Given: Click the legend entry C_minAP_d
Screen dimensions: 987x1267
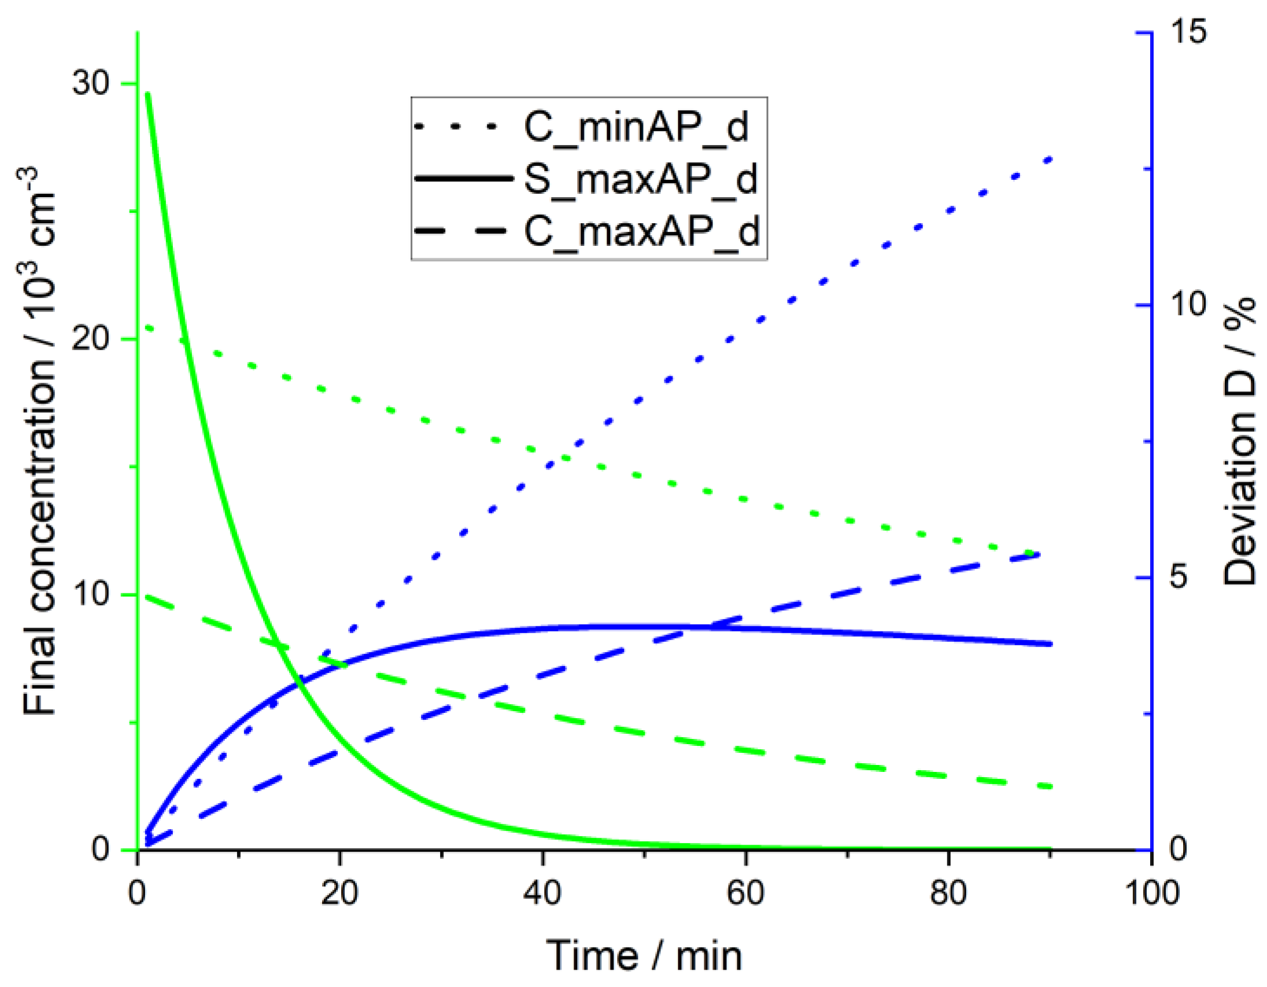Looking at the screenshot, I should point(636,127).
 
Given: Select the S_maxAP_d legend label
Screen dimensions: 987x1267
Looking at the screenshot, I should point(641,179).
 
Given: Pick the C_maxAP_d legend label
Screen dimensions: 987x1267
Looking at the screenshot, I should point(642,231).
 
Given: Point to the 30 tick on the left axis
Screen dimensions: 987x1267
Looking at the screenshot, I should point(91,83).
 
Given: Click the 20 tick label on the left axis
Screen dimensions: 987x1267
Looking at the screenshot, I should point(91,339).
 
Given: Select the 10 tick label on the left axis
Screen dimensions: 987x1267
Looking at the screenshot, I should point(91,594).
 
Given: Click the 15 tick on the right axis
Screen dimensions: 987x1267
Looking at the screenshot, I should point(1187,31).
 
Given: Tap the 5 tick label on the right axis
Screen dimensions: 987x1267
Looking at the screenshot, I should point(1179,578).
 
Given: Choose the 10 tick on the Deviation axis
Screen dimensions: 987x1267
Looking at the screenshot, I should point(1187,305).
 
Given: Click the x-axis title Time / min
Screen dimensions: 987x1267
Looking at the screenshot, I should point(644,956).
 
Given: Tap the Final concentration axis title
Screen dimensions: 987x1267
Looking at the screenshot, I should point(39,441).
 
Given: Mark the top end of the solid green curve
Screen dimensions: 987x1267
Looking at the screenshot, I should point(148,94).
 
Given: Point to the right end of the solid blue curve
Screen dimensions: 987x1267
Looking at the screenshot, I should point(1050,644).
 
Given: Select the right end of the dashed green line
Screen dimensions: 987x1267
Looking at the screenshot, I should point(1050,787).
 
